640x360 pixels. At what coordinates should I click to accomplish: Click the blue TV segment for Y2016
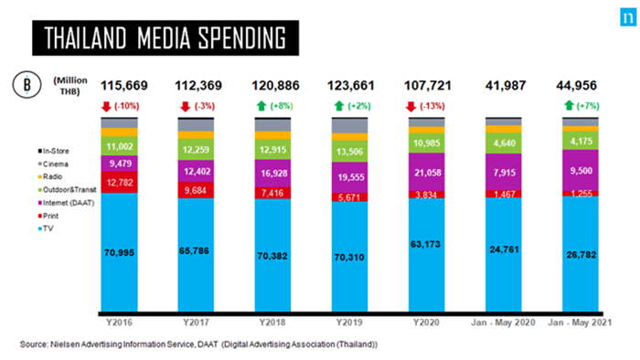tap(119, 252)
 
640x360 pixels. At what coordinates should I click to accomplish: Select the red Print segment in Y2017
tap(196, 190)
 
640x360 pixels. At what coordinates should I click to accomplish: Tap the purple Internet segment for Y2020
tap(427, 172)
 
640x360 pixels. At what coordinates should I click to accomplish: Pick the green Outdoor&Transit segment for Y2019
tap(350, 152)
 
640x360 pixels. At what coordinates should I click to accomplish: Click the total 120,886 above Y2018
tap(275, 86)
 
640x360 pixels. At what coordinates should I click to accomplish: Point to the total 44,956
tap(576, 86)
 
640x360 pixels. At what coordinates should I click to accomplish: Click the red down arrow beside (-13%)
tap(411, 106)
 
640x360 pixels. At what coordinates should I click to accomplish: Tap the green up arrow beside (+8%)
tap(261, 106)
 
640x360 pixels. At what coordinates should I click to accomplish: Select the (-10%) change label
tap(126, 106)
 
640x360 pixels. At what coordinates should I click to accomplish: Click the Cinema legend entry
tap(53, 164)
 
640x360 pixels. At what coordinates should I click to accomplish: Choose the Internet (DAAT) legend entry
tap(66, 203)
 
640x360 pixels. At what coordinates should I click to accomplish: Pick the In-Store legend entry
tap(53, 151)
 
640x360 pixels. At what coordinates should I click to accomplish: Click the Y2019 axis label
tap(349, 323)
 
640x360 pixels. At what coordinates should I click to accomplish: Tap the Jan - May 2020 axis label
tap(503, 323)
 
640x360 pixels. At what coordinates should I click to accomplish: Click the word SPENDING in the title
tap(242, 38)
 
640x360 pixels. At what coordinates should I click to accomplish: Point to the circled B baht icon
tap(27, 85)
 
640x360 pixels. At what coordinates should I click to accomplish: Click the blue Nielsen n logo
tap(628, 17)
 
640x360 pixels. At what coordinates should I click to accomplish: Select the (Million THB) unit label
tap(70, 86)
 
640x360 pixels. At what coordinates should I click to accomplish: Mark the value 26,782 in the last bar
tap(581, 255)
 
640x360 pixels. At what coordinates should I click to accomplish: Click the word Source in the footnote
tap(34, 344)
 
